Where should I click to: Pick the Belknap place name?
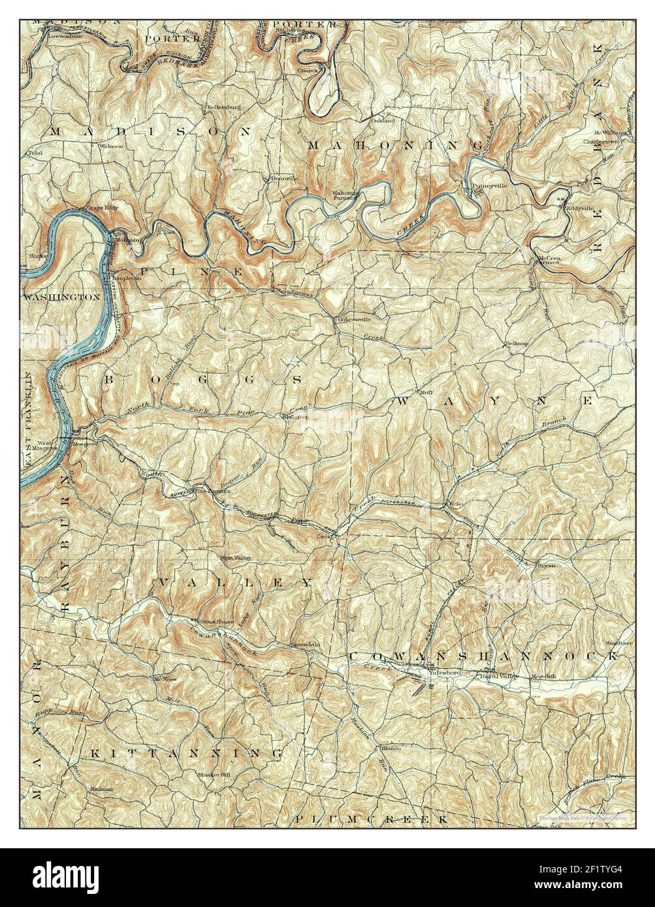tap(515, 343)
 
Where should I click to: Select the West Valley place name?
tap(234, 558)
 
